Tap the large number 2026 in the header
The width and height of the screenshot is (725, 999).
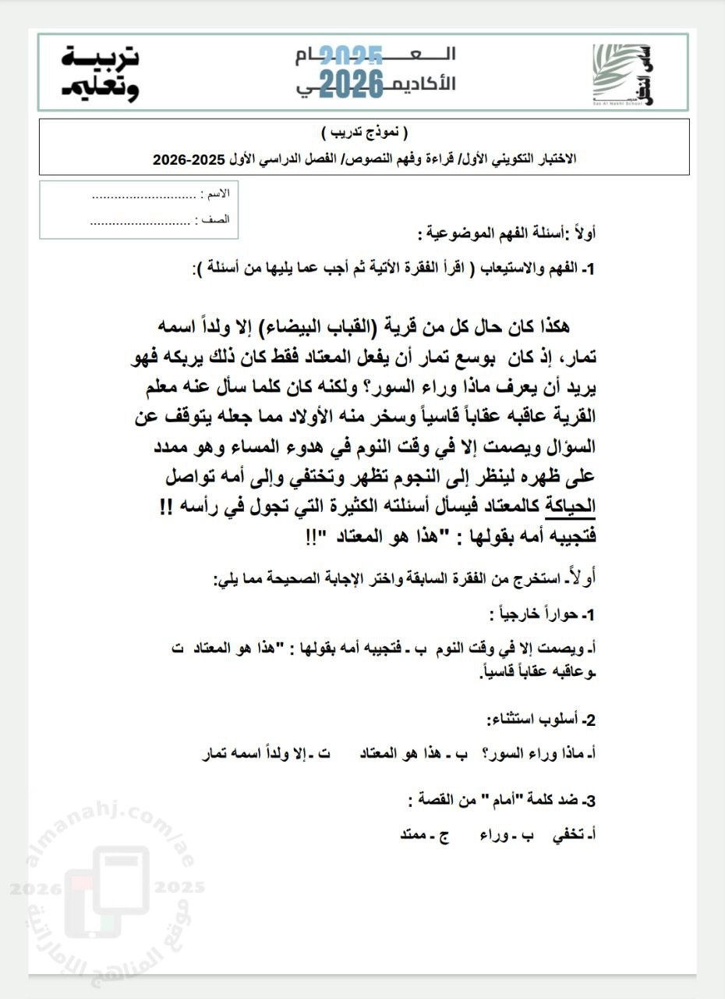point(352,82)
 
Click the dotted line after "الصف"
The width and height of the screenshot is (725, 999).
point(140,221)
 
